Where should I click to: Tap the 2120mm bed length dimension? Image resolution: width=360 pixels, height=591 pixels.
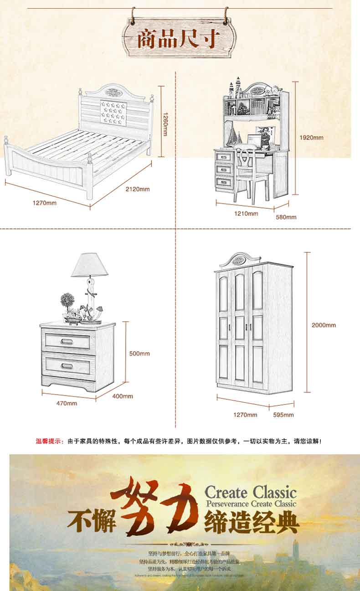[x=138, y=189]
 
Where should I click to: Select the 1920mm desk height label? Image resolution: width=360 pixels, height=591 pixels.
[x=311, y=137]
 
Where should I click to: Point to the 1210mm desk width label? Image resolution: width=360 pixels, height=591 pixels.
[x=246, y=213]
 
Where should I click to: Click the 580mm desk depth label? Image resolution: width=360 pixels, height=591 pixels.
[x=286, y=217]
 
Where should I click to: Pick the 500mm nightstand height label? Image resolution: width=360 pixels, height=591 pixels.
[x=139, y=353]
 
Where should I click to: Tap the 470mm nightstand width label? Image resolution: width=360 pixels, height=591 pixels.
[x=67, y=403]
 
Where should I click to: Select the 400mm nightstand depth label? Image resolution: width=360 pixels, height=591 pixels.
[x=123, y=396]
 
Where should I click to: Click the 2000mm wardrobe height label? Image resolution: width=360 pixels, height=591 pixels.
[x=324, y=325]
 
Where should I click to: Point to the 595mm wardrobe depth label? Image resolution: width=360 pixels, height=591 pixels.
[x=283, y=415]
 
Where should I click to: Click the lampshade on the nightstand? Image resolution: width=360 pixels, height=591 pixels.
[x=90, y=265]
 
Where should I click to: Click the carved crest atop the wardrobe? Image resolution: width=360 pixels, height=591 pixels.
[x=240, y=260]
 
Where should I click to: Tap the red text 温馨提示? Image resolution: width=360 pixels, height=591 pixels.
[x=50, y=441]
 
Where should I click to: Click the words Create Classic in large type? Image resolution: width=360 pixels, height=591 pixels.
[x=250, y=492]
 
